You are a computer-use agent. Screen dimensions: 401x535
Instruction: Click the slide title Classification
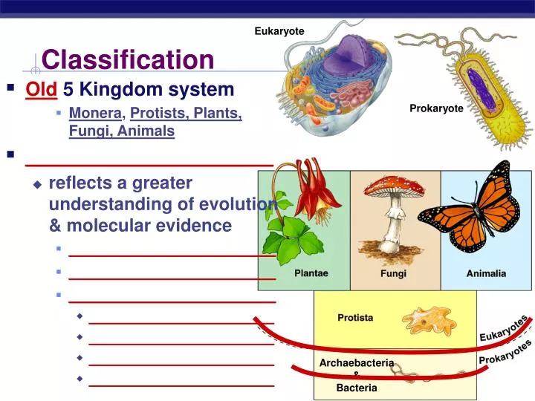(x=128, y=59)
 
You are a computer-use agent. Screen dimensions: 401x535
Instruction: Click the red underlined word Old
(x=42, y=90)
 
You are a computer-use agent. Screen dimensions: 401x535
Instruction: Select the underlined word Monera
(x=95, y=113)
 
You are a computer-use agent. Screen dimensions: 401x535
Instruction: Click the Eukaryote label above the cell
(x=279, y=30)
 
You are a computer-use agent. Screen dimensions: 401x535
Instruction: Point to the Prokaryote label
(x=436, y=108)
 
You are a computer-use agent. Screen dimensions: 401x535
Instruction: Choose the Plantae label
(x=311, y=273)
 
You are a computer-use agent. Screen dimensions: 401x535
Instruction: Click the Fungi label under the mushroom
(x=393, y=273)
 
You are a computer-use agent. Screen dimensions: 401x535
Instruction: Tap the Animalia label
(x=486, y=273)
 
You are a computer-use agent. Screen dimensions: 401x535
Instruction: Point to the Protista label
(x=355, y=318)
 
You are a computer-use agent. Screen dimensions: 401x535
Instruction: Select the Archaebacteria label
(x=356, y=362)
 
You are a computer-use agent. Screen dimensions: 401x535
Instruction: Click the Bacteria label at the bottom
(x=356, y=388)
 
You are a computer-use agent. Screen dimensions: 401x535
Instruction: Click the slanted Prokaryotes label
(x=505, y=353)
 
